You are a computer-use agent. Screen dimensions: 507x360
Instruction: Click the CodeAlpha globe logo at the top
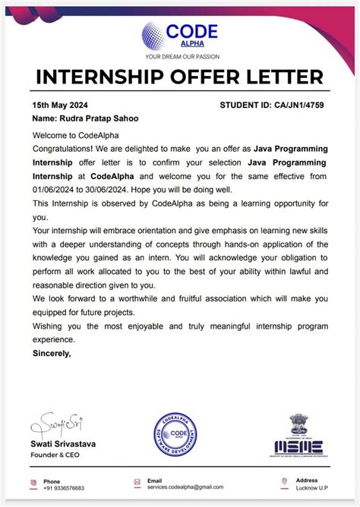(156, 35)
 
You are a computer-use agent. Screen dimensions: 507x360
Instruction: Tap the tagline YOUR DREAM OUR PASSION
(181, 56)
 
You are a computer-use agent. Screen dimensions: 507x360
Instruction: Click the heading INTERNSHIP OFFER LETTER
(180, 77)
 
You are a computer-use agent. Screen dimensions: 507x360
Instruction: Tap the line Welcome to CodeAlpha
(71, 135)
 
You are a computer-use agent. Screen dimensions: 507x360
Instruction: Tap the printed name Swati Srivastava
(63, 443)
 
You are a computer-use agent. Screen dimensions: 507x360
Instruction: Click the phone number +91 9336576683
(64, 488)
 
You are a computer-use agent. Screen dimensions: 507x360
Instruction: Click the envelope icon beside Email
(137, 482)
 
